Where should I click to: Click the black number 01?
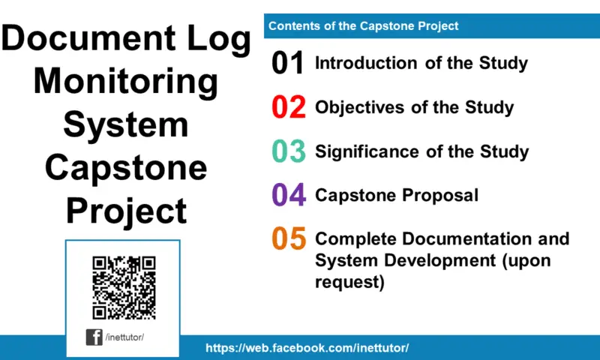pyautogui.click(x=288, y=63)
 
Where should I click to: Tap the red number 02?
pyautogui.click(x=289, y=107)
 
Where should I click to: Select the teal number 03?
pyautogui.click(x=289, y=151)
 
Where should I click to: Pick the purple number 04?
pyautogui.click(x=289, y=195)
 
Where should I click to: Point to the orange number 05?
pyautogui.click(x=289, y=238)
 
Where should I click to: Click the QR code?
pyautogui.click(x=124, y=288)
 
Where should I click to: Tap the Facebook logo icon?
pyautogui.click(x=94, y=337)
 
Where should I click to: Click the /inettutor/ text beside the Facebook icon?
pyautogui.click(x=124, y=337)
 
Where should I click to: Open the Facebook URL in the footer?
pyautogui.click(x=307, y=348)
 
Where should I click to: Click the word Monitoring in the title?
pyautogui.click(x=126, y=82)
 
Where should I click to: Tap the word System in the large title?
pyautogui.click(x=126, y=125)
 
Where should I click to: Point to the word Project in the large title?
pyautogui.click(x=127, y=211)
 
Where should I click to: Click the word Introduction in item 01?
pyautogui.click(x=366, y=63)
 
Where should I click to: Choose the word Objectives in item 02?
pyautogui.click(x=360, y=107)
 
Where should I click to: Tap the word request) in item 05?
pyautogui.click(x=349, y=282)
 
